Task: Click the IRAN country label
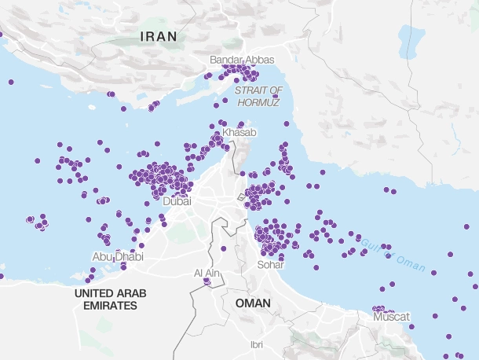point(158,36)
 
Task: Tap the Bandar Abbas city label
point(243,60)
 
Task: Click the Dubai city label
point(177,201)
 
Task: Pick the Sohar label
point(270,264)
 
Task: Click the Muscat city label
point(391,316)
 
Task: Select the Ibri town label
point(256,344)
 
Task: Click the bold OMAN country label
point(252,303)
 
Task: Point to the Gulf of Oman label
point(397,250)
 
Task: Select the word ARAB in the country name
point(133,292)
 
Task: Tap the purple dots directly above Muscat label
point(380,309)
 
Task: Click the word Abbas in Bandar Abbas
point(260,60)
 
